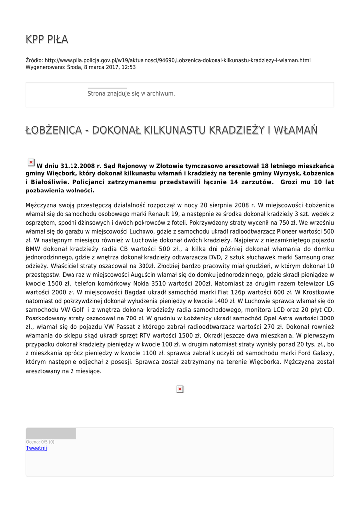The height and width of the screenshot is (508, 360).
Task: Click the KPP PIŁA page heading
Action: tap(47, 39)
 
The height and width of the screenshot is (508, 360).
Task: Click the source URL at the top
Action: tap(177, 60)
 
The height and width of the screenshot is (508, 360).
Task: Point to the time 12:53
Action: tap(129, 67)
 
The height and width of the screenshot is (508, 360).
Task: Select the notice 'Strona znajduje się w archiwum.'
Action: tap(131, 93)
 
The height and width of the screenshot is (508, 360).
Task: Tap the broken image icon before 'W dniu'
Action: tap(31, 162)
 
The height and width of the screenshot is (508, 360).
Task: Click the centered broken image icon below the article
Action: tap(180, 390)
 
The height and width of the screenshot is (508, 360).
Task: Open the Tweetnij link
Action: tap(36, 448)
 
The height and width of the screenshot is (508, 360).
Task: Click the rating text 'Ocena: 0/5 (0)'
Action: tap(40, 442)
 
